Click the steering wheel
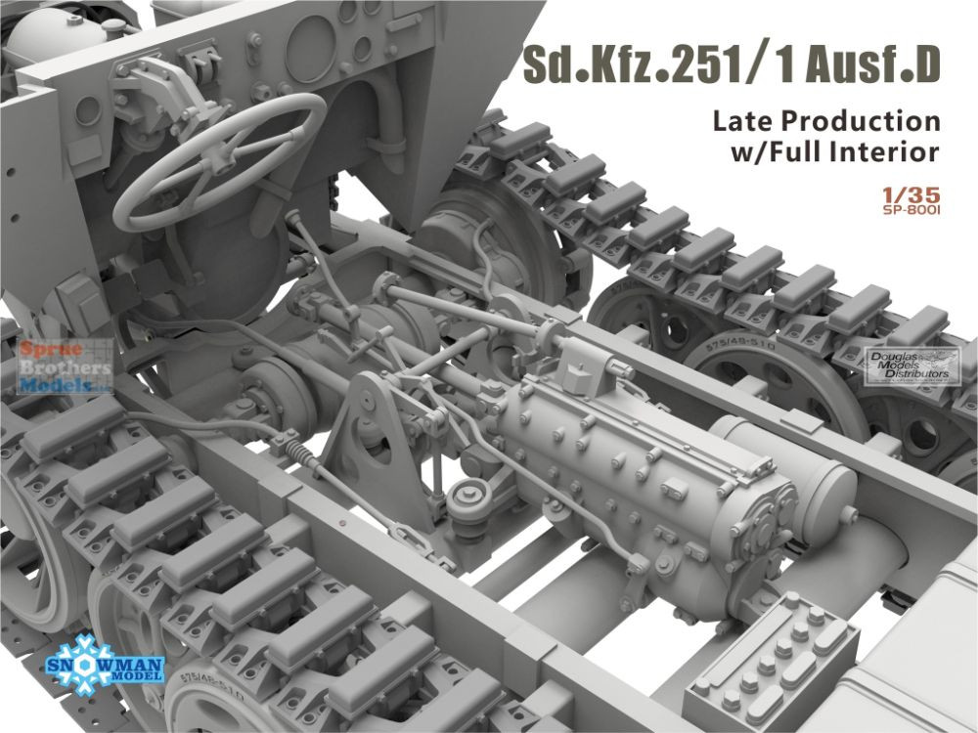[x=219, y=161]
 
